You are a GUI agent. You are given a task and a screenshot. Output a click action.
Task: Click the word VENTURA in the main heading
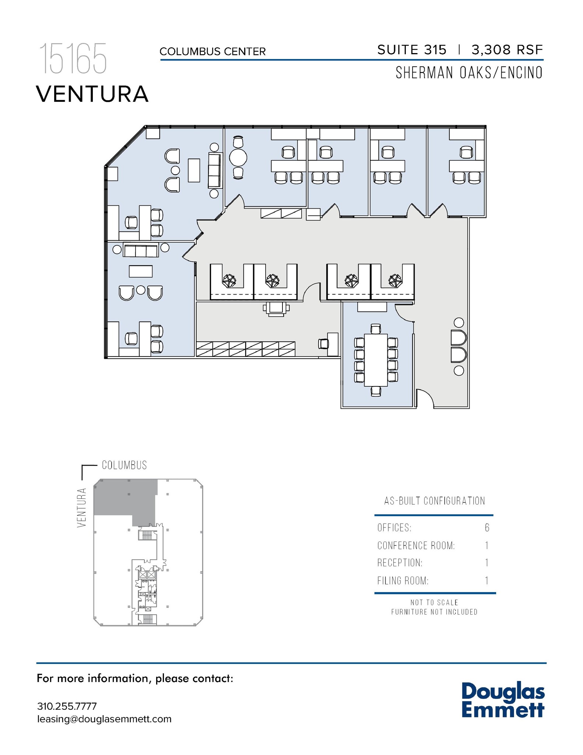(92, 94)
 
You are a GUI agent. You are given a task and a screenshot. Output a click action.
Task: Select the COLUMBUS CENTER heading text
(213, 52)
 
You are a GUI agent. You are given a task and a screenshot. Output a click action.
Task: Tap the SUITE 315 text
(412, 50)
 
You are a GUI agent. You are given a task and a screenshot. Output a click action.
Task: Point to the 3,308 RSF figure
(507, 50)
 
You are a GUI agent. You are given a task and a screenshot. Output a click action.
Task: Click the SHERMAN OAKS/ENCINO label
(469, 73)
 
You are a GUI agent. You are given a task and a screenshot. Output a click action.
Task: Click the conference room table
(376, 360)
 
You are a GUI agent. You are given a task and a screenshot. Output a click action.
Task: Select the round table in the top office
(238, 158)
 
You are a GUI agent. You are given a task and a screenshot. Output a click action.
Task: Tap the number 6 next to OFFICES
(487, 528)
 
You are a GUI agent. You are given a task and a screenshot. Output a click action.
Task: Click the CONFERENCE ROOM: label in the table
(416, 546)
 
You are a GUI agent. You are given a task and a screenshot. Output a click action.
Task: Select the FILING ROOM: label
(403, 581)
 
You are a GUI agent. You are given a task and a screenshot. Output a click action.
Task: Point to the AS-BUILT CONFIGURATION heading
(435, 501)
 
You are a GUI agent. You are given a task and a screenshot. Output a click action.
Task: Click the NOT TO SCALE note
(434, 602)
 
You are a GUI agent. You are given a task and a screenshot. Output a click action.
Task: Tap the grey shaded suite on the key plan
(125, 498)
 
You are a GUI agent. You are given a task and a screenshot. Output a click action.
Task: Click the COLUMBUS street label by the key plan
(124, 465)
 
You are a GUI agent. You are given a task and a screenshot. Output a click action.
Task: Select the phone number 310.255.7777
(67, 706)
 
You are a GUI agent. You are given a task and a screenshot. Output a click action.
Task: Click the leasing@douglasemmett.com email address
(104, 719)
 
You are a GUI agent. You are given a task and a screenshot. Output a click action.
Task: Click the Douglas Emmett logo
(502, 700)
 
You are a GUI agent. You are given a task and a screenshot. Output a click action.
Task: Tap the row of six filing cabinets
(246, 349)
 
